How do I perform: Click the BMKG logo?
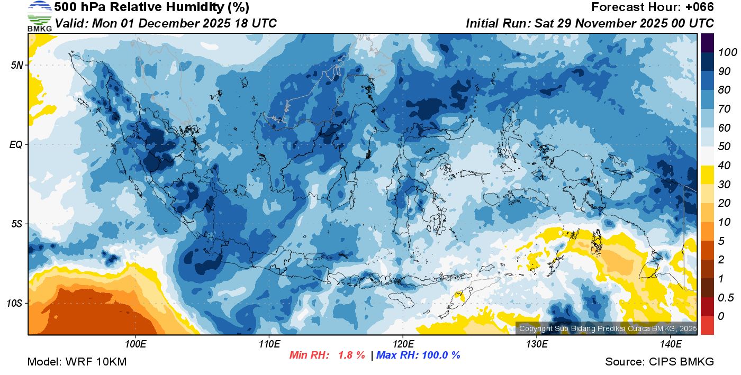coord(40,16)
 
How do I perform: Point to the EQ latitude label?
coord(17,144)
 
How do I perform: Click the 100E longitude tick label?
coord(135,344)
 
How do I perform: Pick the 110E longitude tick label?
coord(269,344)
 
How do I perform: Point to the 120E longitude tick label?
coord(403,344)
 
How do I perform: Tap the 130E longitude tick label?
coord(537,344)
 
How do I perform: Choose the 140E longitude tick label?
coord(671,344)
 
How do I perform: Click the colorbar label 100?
coord(724,52)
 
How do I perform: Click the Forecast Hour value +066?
coord(700,7)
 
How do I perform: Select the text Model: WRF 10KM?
coord(77,362)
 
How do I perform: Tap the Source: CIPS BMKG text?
coord(659,362)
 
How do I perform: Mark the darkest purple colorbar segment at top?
coord(707,43)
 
